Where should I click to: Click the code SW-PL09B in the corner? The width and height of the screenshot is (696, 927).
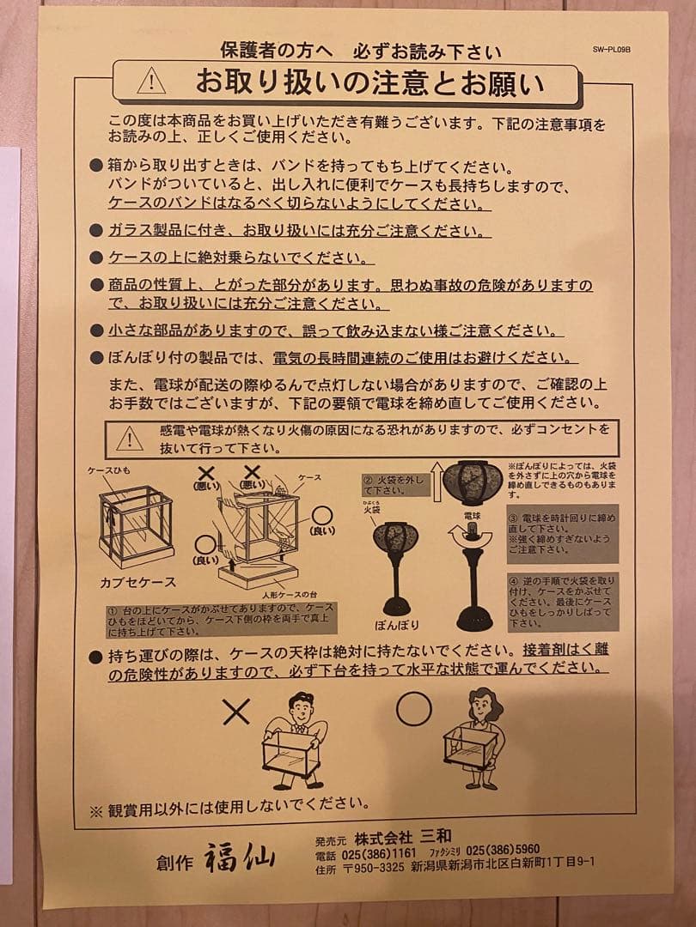612,50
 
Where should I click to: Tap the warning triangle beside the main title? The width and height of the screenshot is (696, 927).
151,81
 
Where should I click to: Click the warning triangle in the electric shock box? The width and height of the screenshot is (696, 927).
130,439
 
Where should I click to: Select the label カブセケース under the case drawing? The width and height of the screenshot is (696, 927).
138,582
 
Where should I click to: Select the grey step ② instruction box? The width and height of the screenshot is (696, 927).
394,485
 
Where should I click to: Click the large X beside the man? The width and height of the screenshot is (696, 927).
235,710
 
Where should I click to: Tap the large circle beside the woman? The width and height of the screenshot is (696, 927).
413,708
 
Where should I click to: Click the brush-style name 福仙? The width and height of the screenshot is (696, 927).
240,856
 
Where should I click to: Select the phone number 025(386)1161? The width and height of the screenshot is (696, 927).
379,853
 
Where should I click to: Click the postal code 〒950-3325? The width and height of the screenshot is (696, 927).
373,868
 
